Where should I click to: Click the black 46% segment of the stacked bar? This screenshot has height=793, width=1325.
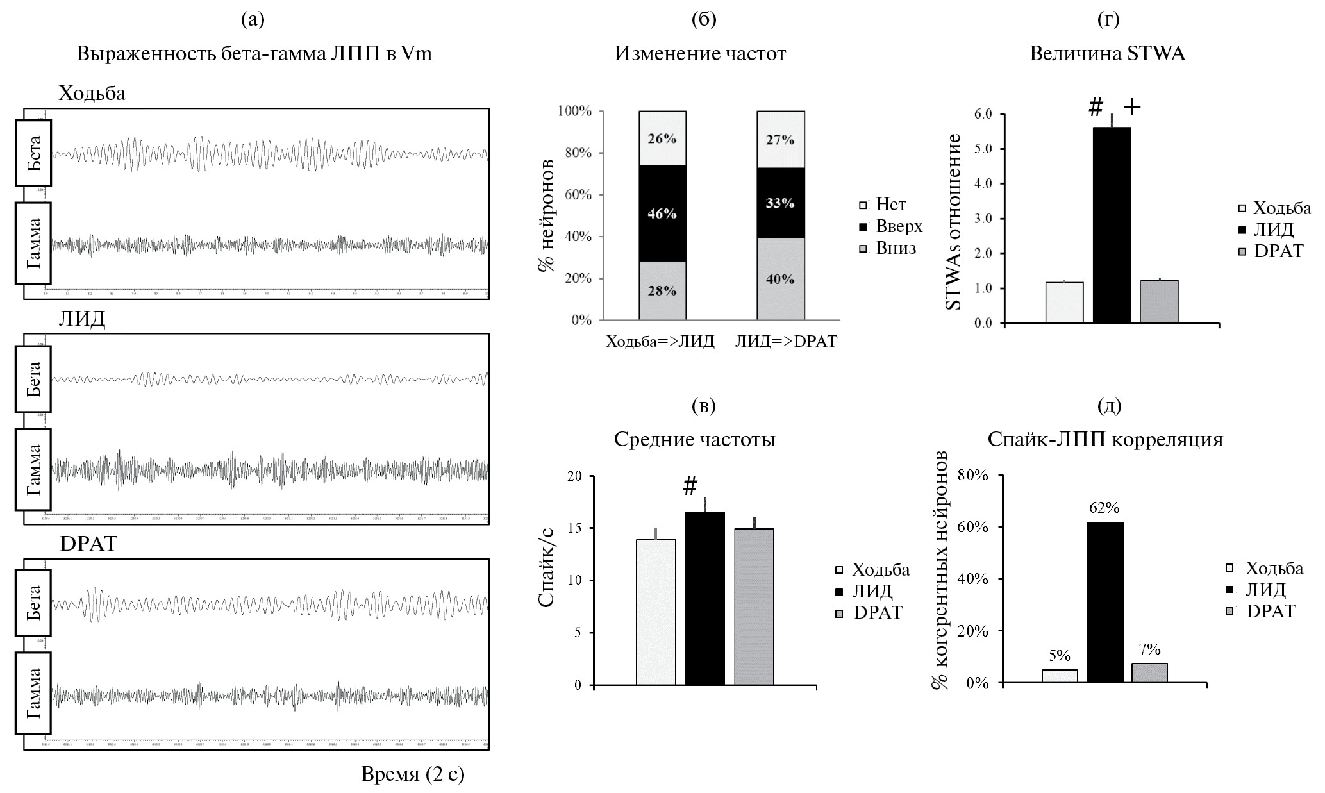[x=662, y=213]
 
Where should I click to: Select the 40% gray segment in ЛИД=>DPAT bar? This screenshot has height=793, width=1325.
[x=780, y=279]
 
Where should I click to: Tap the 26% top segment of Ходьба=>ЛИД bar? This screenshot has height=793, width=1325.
[x=662, y=138]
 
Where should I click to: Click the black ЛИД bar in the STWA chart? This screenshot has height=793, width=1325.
[x=1112, y=224]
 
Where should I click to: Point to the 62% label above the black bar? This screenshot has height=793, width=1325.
[x=1104, y=508]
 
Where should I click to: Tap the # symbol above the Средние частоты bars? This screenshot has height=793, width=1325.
[x=690, y=487]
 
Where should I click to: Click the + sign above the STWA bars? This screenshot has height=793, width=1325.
[x=1132, y=108]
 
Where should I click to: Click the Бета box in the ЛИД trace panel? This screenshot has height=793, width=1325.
[x=33, y=378]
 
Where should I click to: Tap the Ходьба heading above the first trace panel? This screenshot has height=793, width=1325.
[x=92, y=94]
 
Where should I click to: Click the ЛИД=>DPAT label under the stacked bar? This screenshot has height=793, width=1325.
[x=786, y=341]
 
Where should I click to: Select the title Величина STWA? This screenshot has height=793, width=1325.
[x=1107, y=54]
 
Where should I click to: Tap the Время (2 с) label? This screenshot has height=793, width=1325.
[x=413, y=774]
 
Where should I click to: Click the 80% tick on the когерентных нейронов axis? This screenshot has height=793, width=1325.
[x=973, y=475]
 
